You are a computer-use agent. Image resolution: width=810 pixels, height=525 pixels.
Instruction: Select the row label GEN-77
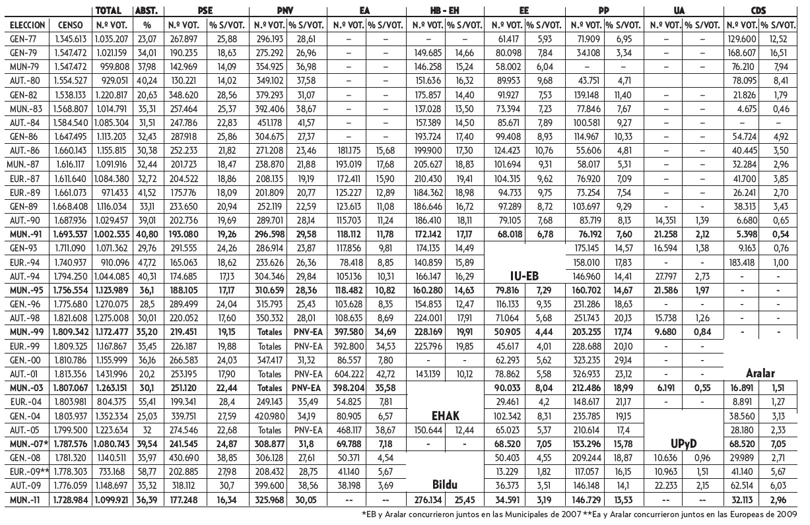pyautogui.click(x=20, y=40)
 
